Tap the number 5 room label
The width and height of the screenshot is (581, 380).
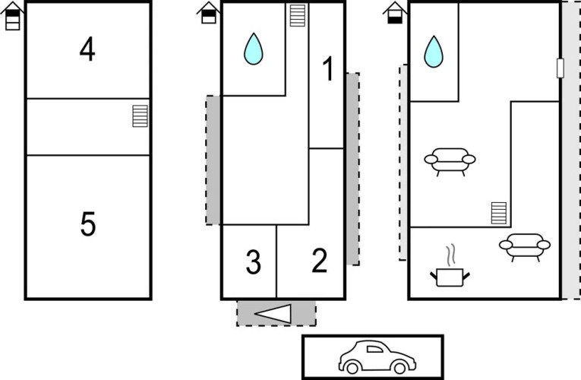pyautogui.click(x=88, y=224)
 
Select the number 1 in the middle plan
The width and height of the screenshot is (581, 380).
pyautogui.click(x=327, y=68)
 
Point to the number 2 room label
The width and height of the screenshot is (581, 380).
pyautogui.click(x=320, y=261)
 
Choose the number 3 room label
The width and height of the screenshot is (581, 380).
pyautogui.click(x=254, y=262)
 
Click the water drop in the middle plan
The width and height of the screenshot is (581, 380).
pyautogui.click(x=254, y=49)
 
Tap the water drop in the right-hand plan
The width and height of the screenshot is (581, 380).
pyautogui.click(x=434, y=52)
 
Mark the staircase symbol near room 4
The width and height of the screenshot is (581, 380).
pyautogui.click(x=140, y=116)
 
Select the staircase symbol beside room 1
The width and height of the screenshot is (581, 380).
pyautogui.click(x=298, y=15)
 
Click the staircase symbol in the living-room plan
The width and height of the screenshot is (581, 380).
pyautogui.click(x=499, y=213)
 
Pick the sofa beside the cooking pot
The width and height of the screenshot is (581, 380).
pyautogui.click(x=525, y=247)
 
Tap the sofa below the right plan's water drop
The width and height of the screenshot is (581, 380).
pyautogui.click(x=450, y=162)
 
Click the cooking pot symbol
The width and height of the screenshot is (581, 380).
pyautogui.click(x=450, y=277)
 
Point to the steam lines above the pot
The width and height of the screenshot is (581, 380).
pyautogui.click(x=450, y=255)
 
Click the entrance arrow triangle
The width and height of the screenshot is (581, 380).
pyautogui.click(x=273, y=314)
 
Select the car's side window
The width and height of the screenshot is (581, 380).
pyautogui.click(x=374, y=349)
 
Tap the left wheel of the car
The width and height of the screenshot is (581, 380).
pyautogui.click(x=352, y=368)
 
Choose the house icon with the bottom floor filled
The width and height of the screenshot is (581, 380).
pyautogui.click(x=395, y=13)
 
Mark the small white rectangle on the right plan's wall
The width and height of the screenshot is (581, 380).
pyautogui.click(x=560, y=68)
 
